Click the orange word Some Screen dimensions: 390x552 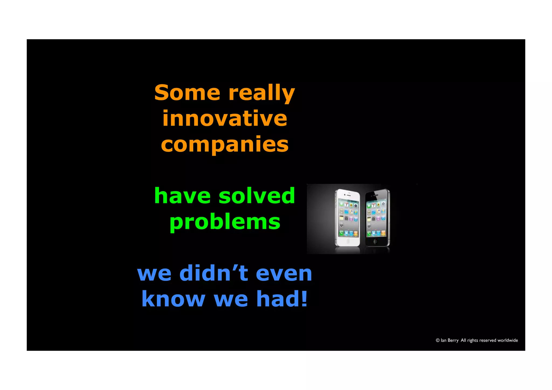coord(187,92)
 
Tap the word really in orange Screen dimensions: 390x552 coord(261,93)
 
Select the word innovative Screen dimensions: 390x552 coord(225,118)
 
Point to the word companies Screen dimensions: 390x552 coord(225,145)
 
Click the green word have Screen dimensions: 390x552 coord(182,196)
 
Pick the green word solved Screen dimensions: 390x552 coord(257,196)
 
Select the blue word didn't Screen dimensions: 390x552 coord(213,273)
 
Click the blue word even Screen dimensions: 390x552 coord(284,273)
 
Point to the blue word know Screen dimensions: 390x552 coord(173,299)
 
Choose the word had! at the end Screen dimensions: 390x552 coord(282,299)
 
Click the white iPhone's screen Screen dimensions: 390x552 coord(349,219)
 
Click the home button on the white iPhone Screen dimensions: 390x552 coord(348,241)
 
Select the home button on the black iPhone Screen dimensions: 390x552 coord(376,241)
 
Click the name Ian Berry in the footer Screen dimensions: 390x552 coord(449,340)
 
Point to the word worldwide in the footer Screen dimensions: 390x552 coord(508,340)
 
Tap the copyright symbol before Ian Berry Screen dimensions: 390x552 coord(438,340)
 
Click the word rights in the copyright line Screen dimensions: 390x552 coord(472,340)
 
